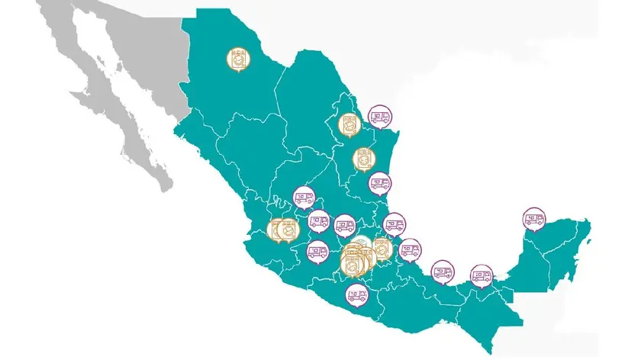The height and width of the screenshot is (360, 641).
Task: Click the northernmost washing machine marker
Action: point(238,59)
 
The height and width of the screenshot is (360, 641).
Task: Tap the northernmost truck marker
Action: point(378,117)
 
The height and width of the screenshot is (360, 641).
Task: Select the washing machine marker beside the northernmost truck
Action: point(350,124)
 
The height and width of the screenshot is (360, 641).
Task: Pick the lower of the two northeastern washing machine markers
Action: point(364,159)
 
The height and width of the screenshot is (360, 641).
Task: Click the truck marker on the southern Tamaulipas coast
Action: point(379,184)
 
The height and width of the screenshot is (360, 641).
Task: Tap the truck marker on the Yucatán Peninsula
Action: point(533,219)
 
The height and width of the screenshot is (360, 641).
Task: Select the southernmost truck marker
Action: point(356,293)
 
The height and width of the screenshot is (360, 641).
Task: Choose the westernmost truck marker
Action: point(304,198)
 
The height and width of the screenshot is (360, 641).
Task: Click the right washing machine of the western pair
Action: point(288,229)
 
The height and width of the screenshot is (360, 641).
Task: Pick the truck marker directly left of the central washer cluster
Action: point(317,250)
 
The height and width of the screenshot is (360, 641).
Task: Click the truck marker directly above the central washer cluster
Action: point(345,225)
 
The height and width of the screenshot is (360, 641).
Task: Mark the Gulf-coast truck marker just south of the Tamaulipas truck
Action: point(395,224)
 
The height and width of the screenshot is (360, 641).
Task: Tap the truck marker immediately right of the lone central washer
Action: point(411,249)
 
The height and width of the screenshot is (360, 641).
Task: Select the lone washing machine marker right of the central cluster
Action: point(382,249)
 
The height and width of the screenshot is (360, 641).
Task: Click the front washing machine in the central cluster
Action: point(352,263)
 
